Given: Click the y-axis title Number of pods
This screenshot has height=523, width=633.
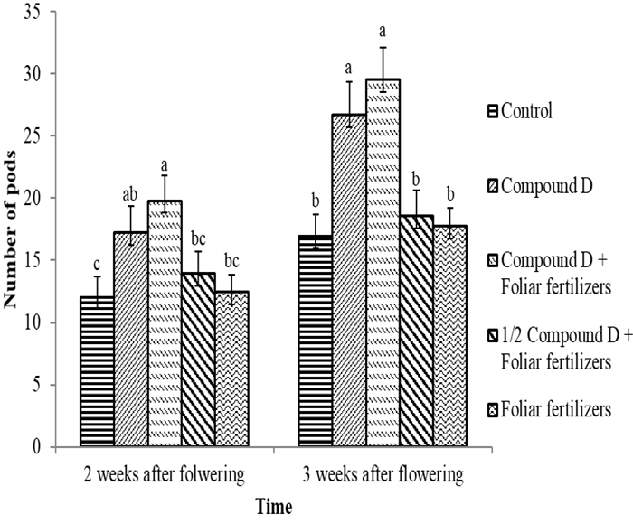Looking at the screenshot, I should tap(14, 229).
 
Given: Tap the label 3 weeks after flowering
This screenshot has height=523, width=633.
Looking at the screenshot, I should tap(383, 474).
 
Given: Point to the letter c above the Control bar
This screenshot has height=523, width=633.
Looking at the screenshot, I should tap(97, 263).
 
